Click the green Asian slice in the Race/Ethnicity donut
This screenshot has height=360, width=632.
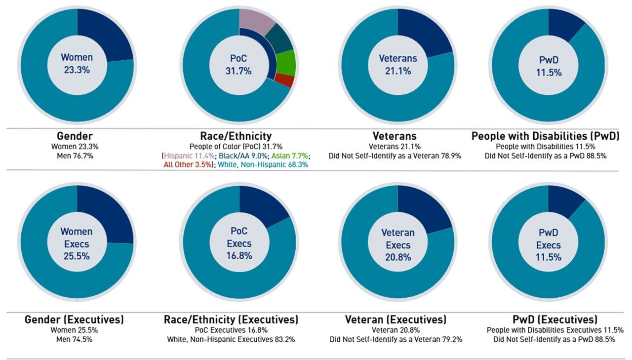point(286,62)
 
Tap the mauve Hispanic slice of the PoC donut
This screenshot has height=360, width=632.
point(257,19)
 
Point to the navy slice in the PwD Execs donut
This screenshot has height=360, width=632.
point(563,200)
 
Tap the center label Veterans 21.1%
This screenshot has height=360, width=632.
point(398,64)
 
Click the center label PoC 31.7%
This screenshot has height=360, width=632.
point(238,64)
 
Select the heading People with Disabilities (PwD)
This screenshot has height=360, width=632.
point(545,136)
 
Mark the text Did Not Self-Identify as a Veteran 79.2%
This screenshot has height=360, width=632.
point(396,339)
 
